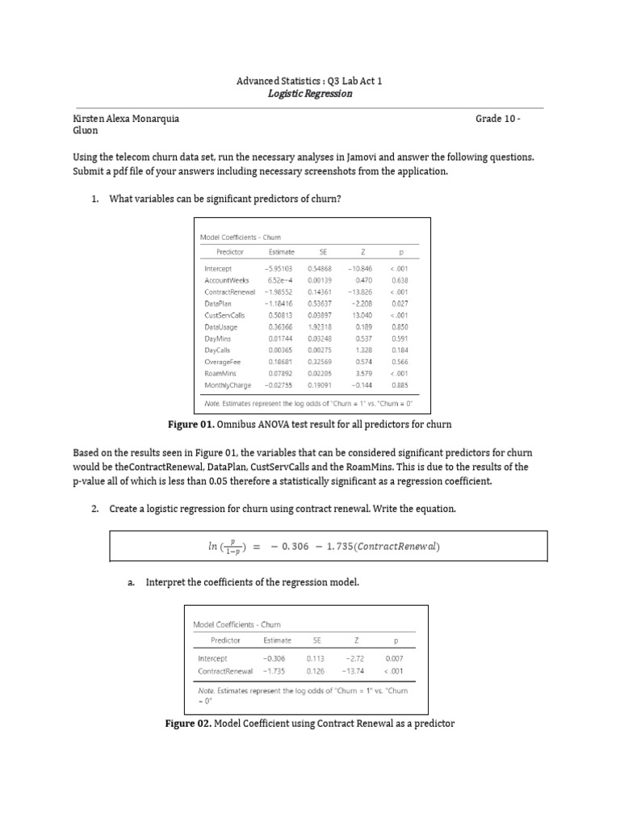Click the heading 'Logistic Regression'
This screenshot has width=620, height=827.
point(310,94)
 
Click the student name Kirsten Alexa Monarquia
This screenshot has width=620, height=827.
point(126,118)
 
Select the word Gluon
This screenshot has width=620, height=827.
point(86,129)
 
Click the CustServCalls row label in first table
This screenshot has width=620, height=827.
point(224,315)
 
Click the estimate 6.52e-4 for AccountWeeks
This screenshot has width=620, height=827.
point(281,279)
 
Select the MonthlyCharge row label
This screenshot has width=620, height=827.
point(228,386)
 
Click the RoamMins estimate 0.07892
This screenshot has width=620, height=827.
point(281,374)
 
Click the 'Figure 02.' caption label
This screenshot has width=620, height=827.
point(187,724)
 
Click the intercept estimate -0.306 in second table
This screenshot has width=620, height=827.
point(274,658)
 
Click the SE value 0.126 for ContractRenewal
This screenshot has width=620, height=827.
point(316,670)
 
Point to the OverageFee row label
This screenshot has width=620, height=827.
point(223,363)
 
